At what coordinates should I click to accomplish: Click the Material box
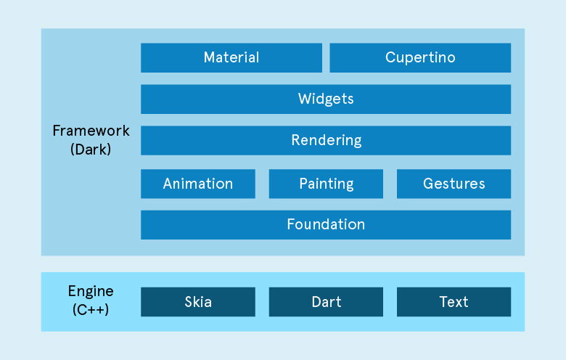pos(231,58)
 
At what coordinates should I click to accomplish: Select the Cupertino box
pos(420,58)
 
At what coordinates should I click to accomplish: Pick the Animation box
pos(197,184)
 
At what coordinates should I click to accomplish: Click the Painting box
pos(326,184)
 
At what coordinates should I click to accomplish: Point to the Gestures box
pos(454,184)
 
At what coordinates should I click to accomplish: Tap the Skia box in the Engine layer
pos(197,302)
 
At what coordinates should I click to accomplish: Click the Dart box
pos(326,302)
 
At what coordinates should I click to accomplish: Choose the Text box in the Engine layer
pos(454,302)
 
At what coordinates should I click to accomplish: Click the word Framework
pos(91,131)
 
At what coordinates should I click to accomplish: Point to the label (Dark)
pos(91,150)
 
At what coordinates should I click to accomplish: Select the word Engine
pos(91,292)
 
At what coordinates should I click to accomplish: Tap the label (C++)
pos(91,310)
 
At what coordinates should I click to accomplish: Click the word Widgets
pos(326,99)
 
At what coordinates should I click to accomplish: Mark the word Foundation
pos(326,225)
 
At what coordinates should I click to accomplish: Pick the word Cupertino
pos(420,58)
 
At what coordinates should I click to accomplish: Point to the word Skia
pos(197,302)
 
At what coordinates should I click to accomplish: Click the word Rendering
pos(326,141)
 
